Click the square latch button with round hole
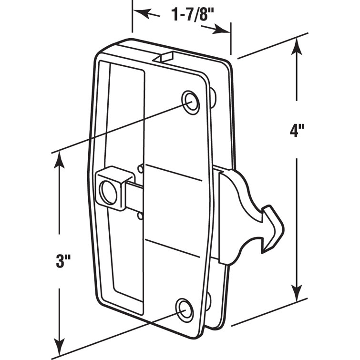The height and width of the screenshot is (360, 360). coord(113,186)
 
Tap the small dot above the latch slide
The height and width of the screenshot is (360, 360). coord(140,168)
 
